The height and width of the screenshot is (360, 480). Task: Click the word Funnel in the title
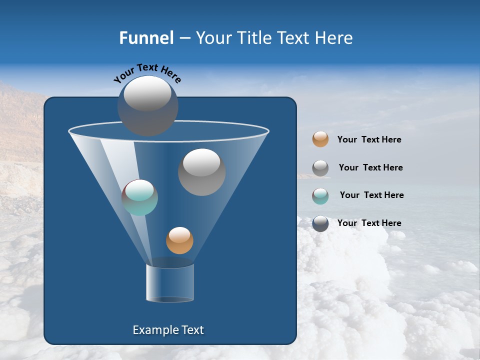pyautogui.click(x=146, y=38)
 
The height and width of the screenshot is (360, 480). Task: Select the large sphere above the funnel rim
pyautogui.click(x=148, y=106)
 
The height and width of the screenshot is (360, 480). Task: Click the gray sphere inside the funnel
pyautogui.click(x=201, y=172)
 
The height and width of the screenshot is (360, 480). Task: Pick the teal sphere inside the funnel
pyautogui.click(x=140, y=197)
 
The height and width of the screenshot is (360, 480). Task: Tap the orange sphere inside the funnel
pyautogui.click(x=179, y=240)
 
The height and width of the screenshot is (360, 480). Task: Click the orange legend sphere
pyautogui.click(x=320, y=139)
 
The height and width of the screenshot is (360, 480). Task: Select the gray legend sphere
pyautogui.click(x=320, y=168)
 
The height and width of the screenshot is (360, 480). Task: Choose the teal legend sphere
pyautogui.click(x=320, y=196)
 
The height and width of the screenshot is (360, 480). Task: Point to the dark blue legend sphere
pyautogui.click(x=320, y=223)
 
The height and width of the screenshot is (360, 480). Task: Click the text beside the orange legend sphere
pyautogui.click(x=369, y=140)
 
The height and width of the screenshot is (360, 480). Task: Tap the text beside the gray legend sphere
pyautogui.click(x=370, y=168)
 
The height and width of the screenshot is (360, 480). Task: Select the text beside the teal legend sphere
pyautogui.click(x=371, y=195)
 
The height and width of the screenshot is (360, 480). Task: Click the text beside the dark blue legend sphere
pyautogui.click(x=369, y=223)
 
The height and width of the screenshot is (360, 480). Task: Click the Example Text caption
pyautogui.click(x=168, y=330)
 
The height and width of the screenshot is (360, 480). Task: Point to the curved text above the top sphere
pyautogui.click(x=147, y=72)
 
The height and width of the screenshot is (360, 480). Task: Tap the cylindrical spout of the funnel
pyautogui.click(x=170, y=283)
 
